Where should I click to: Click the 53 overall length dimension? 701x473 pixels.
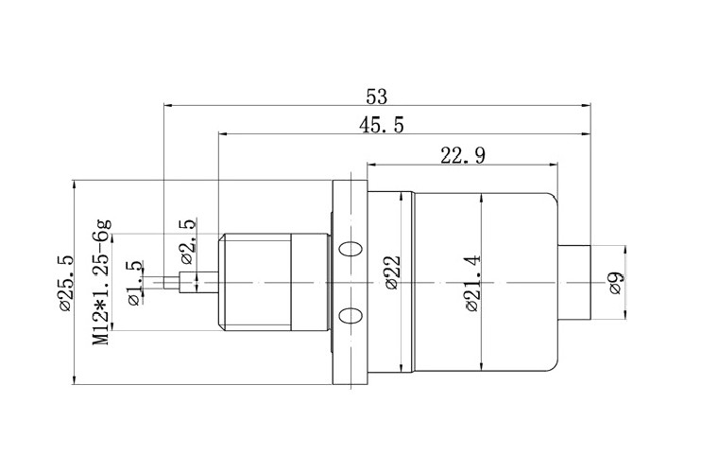coord(377,96)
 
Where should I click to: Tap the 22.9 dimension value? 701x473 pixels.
coord(462,155)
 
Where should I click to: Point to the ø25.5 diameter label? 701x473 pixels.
coord(64,282)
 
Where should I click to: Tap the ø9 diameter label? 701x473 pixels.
coord(615,283)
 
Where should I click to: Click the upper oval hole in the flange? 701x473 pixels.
coord(350,251)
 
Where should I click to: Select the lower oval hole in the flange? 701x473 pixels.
coord(350,315)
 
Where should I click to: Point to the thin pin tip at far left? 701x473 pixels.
coord(171,282)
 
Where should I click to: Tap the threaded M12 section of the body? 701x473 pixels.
coord(255,282)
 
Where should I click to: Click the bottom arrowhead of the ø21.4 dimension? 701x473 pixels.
coord(481,367)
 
